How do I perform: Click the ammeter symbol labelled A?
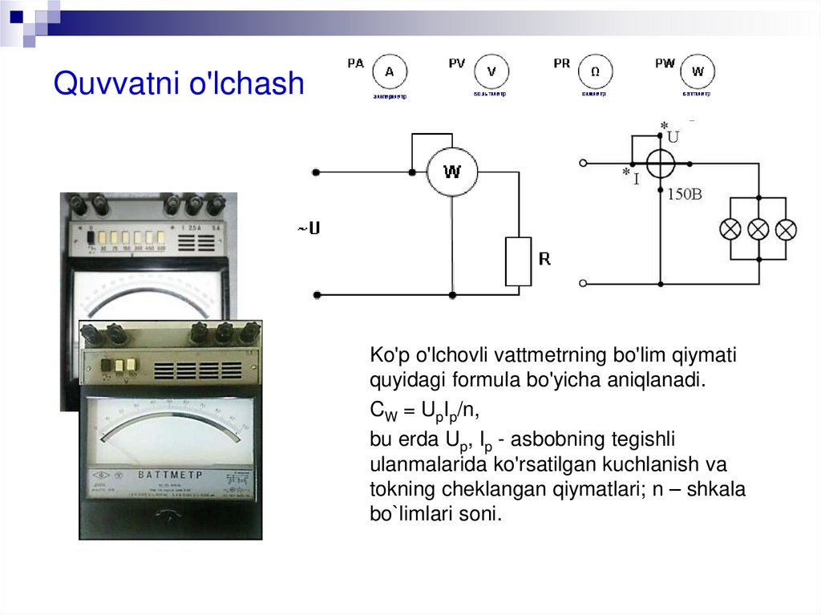point(390,71)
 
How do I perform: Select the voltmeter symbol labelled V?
point(491,71)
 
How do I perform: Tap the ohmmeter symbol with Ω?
point(594,71)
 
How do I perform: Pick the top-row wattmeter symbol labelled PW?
point(698,71)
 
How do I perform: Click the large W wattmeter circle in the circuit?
point(452,172)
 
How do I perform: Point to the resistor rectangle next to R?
point(518,261)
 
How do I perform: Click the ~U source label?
point(309,229)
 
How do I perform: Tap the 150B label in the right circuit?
point(685,194)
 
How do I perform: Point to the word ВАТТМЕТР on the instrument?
point(170,475)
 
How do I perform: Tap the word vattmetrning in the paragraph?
point(543,355)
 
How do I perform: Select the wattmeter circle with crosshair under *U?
point(661,164)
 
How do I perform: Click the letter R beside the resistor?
point(544,259)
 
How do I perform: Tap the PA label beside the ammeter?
point(355,63)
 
